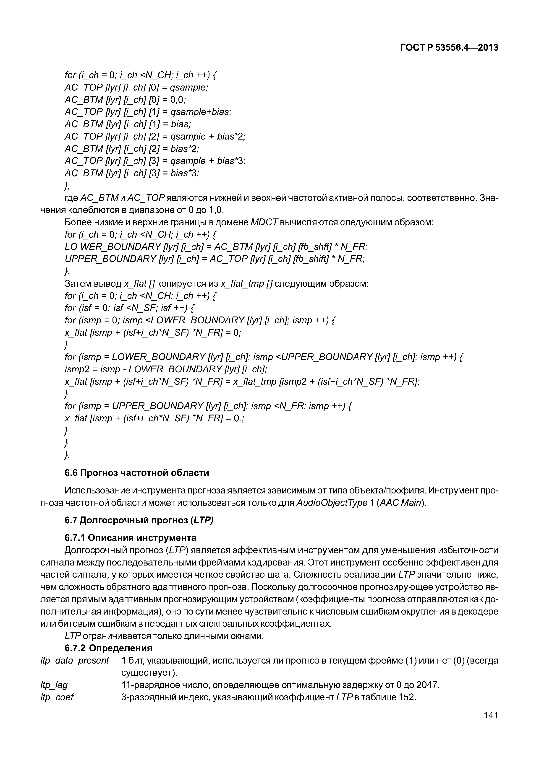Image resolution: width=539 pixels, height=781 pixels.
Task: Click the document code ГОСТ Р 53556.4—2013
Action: [449, 48]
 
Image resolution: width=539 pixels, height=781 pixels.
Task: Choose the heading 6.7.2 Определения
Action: [108, 648]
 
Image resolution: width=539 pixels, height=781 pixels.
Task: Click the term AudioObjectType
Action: [331, 503]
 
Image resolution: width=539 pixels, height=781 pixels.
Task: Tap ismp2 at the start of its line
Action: [77, 369]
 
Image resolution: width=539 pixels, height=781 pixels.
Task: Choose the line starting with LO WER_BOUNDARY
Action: [216, 247]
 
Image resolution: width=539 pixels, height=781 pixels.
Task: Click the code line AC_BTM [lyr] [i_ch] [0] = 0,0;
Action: [125, 100]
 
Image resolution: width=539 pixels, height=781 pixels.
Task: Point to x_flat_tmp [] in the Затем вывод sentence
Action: [246, 283]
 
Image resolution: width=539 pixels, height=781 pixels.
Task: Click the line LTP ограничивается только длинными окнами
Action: [164, 636]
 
